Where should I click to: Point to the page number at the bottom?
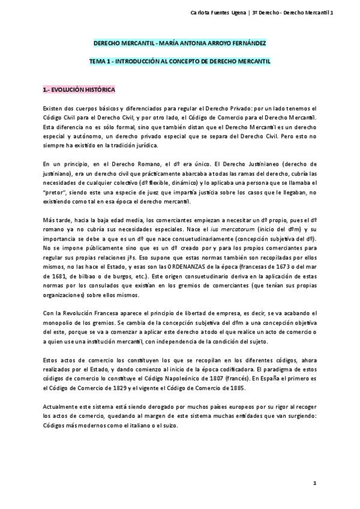coord(314,484)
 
